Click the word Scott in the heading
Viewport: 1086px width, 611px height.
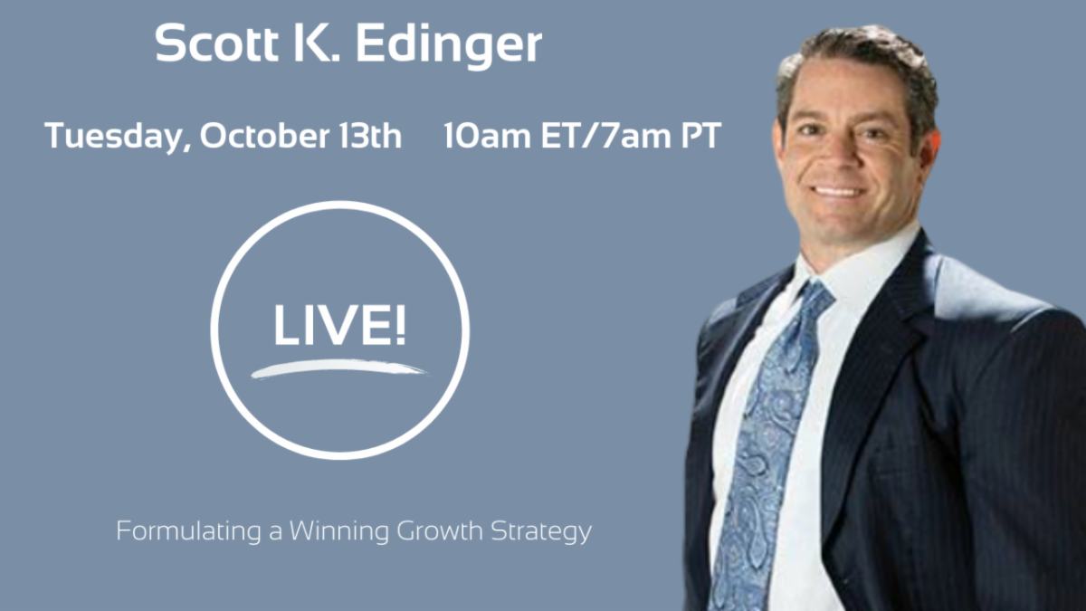pos(216,43)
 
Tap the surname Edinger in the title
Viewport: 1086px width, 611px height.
pos(449,46)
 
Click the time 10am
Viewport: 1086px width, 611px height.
pos(487,135)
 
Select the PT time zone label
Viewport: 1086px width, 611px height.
pos(701,135)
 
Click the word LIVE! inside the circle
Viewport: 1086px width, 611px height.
pos(339,325)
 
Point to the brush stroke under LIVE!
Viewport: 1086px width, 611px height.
pos(339,368)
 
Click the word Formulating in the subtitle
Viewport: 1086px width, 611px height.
pos(189,531)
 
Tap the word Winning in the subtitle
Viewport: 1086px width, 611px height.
pos(338,531)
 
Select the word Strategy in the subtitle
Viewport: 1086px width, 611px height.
pos(541,532)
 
